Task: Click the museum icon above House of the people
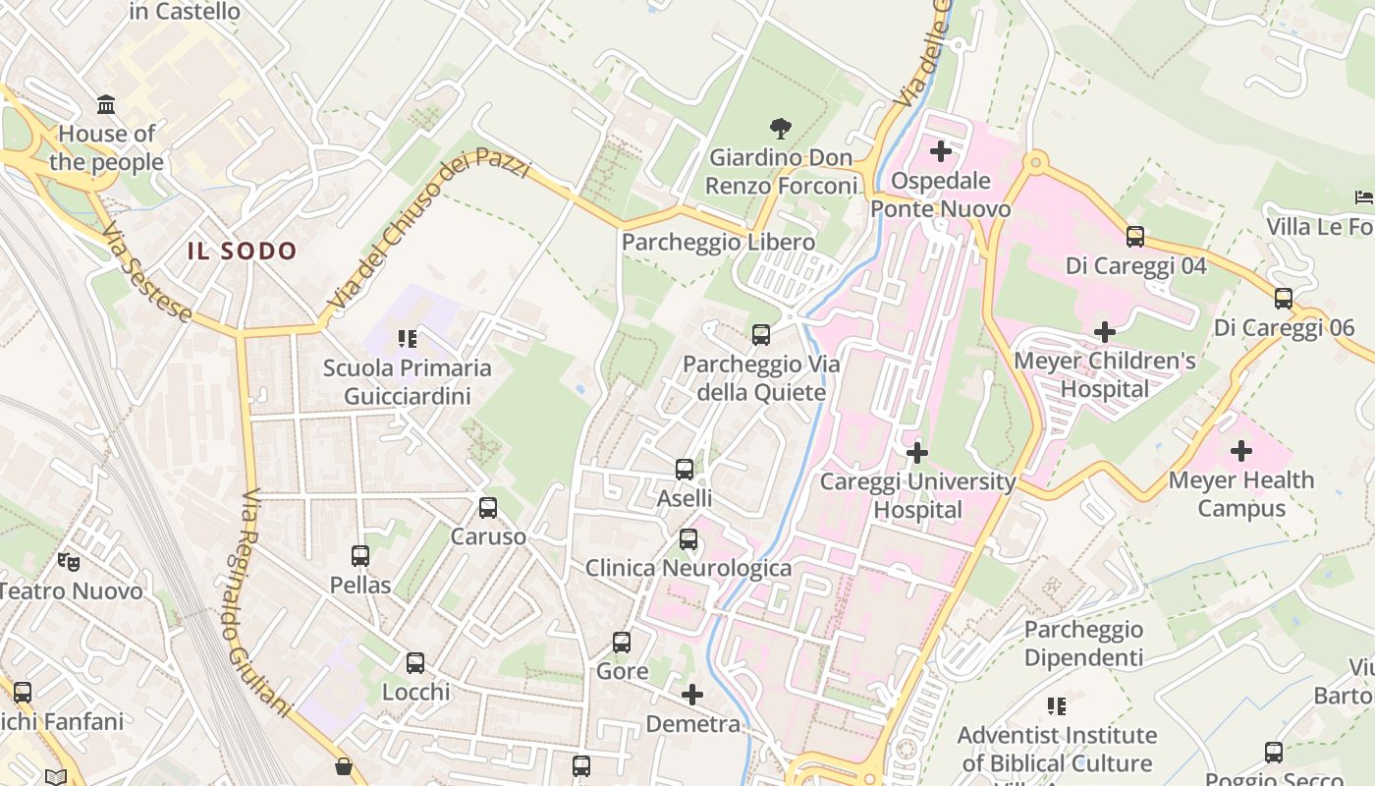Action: (106, 104)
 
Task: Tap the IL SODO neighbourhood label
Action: (242, 252)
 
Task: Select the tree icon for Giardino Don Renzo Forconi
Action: (781, 128)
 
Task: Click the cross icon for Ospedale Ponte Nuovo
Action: (940, 151)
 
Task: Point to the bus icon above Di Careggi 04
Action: (1135, 237)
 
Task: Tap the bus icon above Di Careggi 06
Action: (1283, 299)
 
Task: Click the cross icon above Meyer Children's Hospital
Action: (1104, 332)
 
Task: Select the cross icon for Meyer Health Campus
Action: (1241, 451)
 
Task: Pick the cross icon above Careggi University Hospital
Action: (916, 453)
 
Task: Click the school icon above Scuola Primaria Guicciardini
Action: (408, 340)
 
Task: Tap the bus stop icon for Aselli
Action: (685, 470)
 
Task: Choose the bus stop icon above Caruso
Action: (488, 508)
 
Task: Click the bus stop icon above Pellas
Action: (360, 556)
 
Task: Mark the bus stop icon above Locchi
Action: (415, 663)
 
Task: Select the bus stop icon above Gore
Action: (622, 643)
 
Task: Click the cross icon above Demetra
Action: (692, 696)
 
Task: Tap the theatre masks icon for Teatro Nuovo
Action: (68, 562)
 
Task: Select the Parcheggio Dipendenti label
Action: (1083, 644)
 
